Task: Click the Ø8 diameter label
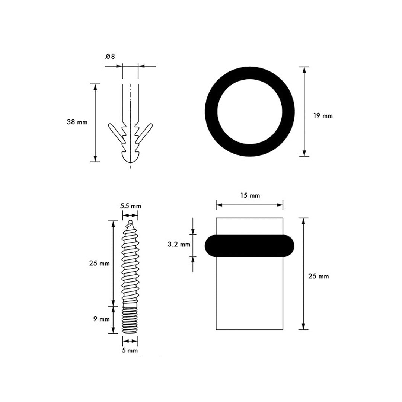coord(110,57)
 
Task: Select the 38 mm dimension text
coord(77,122)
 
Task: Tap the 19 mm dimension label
coord(323,116)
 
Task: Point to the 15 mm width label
coord(250,196)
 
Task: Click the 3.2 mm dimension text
coord(179,244)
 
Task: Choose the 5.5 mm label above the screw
coord(131,206)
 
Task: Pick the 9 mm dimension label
coord(102,319)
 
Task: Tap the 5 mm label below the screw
coord(130,351)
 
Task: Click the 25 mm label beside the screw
coord(99,263)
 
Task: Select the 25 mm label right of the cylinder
coord(318,276)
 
